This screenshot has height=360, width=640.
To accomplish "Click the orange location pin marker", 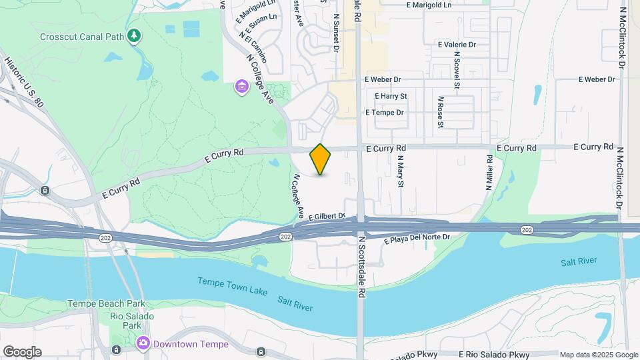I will pyautogui.click(x=321, y=159).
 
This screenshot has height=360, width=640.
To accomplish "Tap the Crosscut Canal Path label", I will pyautogui.click(x=81, y=36).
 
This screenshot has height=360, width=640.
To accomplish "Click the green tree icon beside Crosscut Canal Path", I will pyautogui.click(x=135, y=35).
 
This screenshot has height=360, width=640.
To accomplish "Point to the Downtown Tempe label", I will pyautogui.click(x=190, y=345).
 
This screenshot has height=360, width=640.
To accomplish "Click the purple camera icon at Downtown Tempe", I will pyautogui.click(x=143, y=344).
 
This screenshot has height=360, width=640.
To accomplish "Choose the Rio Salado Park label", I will pyautogui.click(x=132, y=321).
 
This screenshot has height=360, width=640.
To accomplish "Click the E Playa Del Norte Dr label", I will pyautogui.click(x=417, y=237).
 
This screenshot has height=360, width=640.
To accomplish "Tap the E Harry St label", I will pyautogui.click(x=391, y=96).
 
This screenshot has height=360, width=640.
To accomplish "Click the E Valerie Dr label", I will pyautogui.click(x=457, y=45).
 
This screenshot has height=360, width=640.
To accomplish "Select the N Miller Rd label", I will pyautogui.click(x=490, y=173).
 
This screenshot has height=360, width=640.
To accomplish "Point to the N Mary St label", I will pyautogui.click(x=401, y=173).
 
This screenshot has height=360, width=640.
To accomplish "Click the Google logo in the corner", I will pyautogui.click(x=22, y=352).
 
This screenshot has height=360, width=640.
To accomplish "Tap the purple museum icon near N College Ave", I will pyautogui.click(x=241, y=87).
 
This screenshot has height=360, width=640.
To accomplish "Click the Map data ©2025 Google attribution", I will pyautogui.click(x=599, y=355).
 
